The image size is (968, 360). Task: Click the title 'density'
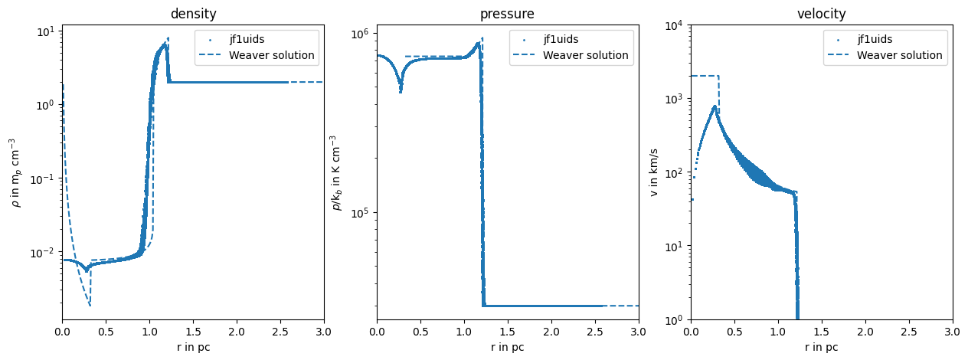pos(193,13)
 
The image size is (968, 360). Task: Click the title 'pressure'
pos(507,13)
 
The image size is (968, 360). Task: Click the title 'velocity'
pos(822,13)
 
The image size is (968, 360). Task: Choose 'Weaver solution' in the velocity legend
pos(900,55)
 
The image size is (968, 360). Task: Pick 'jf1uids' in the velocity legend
pos(875,39)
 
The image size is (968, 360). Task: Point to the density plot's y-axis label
pos(13,172)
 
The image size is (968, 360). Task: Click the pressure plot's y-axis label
pos(335,172)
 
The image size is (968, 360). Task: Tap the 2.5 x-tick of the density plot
pos(280,331)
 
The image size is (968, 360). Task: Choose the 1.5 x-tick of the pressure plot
pos(507,331)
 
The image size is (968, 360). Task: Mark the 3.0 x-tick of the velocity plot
pos(953,331)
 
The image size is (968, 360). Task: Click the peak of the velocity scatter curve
pos(715,106)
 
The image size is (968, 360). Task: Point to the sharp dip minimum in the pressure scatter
pos(401,93)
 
